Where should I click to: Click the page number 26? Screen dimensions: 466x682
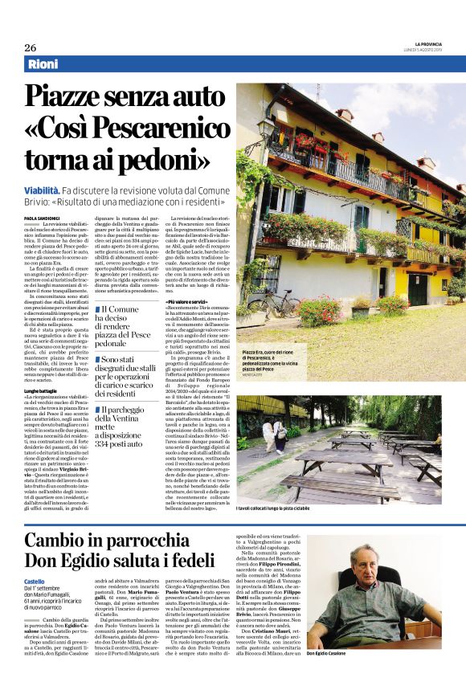coord(30,47)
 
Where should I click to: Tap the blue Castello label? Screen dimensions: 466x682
coord(34,581)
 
